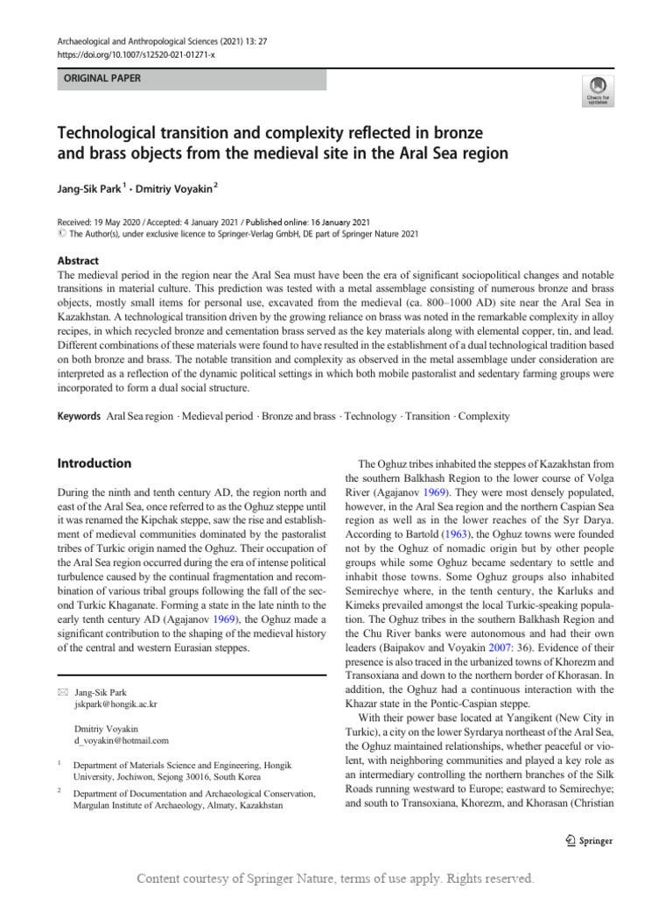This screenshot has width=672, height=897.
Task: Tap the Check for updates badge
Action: click(597, 90)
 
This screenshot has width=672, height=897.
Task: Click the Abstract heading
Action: click(78, 261)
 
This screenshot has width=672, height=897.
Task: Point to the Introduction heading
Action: click(94, 463)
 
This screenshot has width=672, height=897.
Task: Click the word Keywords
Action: click(79, 417)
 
